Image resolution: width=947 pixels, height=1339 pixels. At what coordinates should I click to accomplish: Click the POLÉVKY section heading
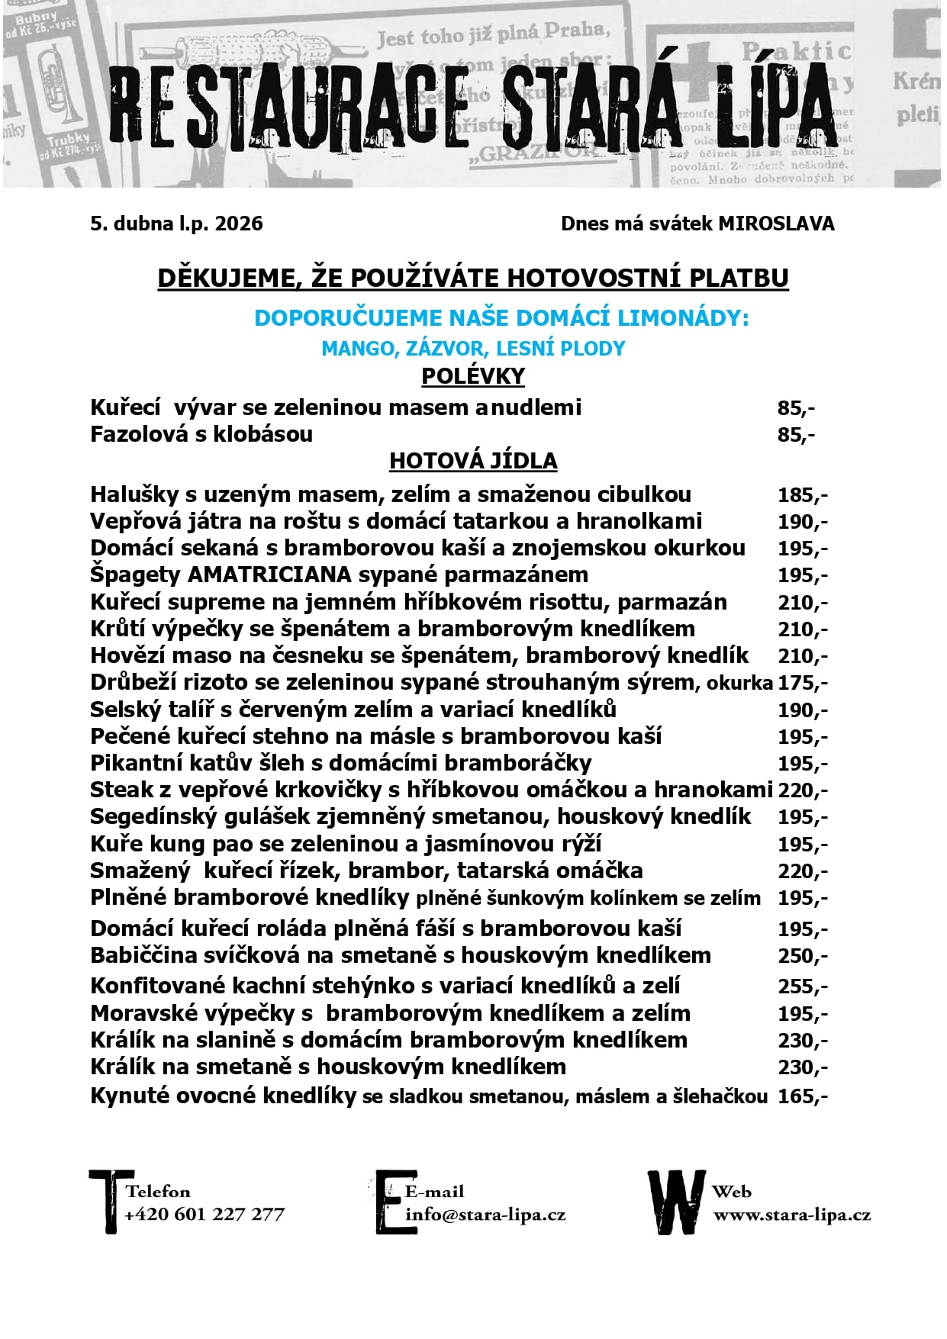pyautogui.click(x=473, y=376)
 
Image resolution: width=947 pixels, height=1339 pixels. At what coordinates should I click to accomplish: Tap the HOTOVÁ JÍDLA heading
pyautogui.click(x=473, y=461)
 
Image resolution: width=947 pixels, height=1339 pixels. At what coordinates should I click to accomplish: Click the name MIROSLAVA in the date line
pyautogui.click(x=776, y=224)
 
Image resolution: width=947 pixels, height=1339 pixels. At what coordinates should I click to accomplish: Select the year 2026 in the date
pyautogui.click(x=239, y=224)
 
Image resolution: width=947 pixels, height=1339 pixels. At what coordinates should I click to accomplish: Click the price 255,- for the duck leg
pyautogui.click(x=802, y=987)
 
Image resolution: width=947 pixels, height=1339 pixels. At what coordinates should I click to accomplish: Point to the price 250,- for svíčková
pyautogui.click(x=802, y=956)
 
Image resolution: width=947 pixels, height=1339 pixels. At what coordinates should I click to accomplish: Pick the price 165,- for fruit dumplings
pyautogui.click(x=802, y=1097)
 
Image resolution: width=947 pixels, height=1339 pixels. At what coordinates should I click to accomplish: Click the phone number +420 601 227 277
pyautogui.click(x=205, y=1214)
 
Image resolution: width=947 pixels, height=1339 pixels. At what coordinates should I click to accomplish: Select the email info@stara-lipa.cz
pyautogui.click(x=485, y=1214)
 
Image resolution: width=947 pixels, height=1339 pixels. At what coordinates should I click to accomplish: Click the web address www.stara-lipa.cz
pyautogui.click(x=791, y=1214)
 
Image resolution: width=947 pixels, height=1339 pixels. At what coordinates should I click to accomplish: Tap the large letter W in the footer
pyautogui.click(x=675, y=1202)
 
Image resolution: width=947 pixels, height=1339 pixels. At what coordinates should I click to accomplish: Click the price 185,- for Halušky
pyautogui.click(x=802, y=495)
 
